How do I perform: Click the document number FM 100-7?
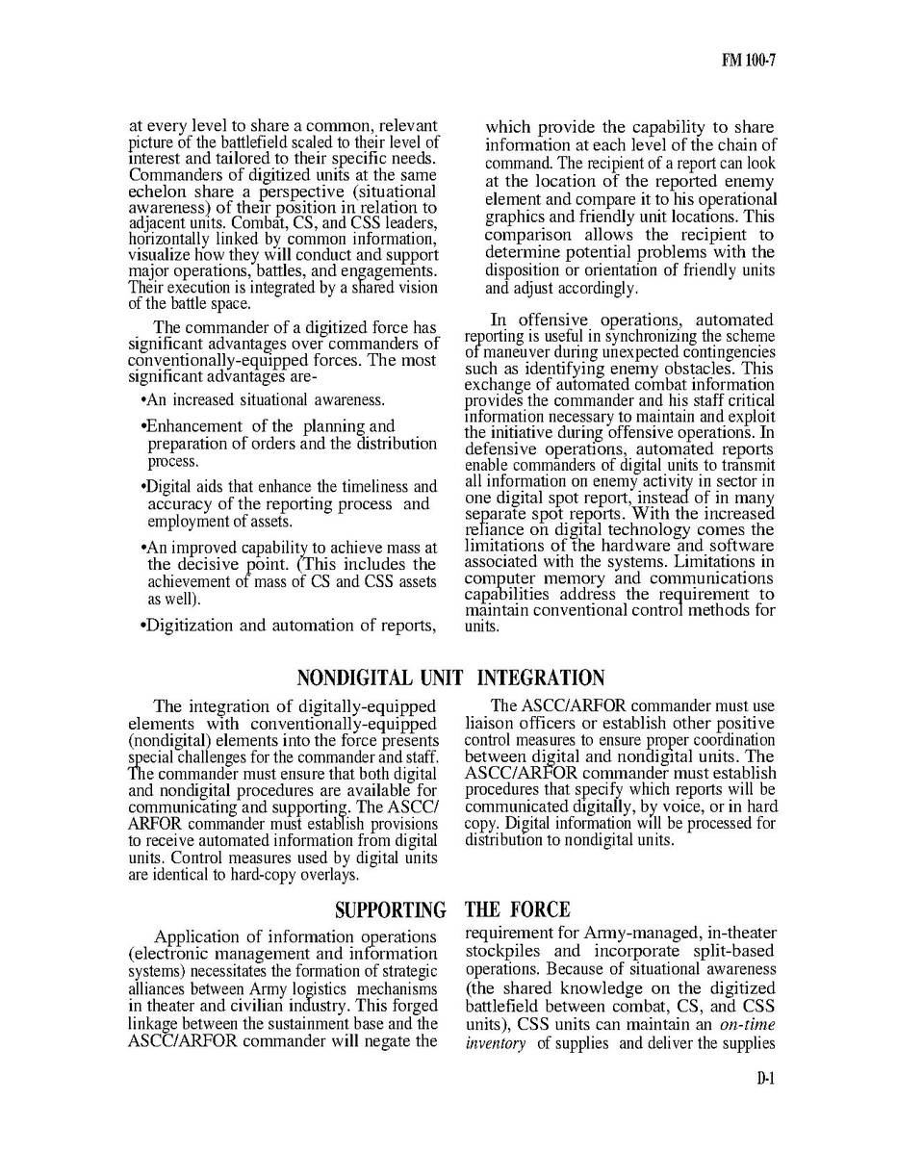tap(748, 61)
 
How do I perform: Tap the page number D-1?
tap(765, 1079)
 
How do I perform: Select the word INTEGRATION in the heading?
tap(535, 678)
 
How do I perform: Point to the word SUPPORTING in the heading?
tap(391, 909)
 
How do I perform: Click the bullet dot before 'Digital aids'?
tap(143, 487)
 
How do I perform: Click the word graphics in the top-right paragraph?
tap(516, 218)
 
